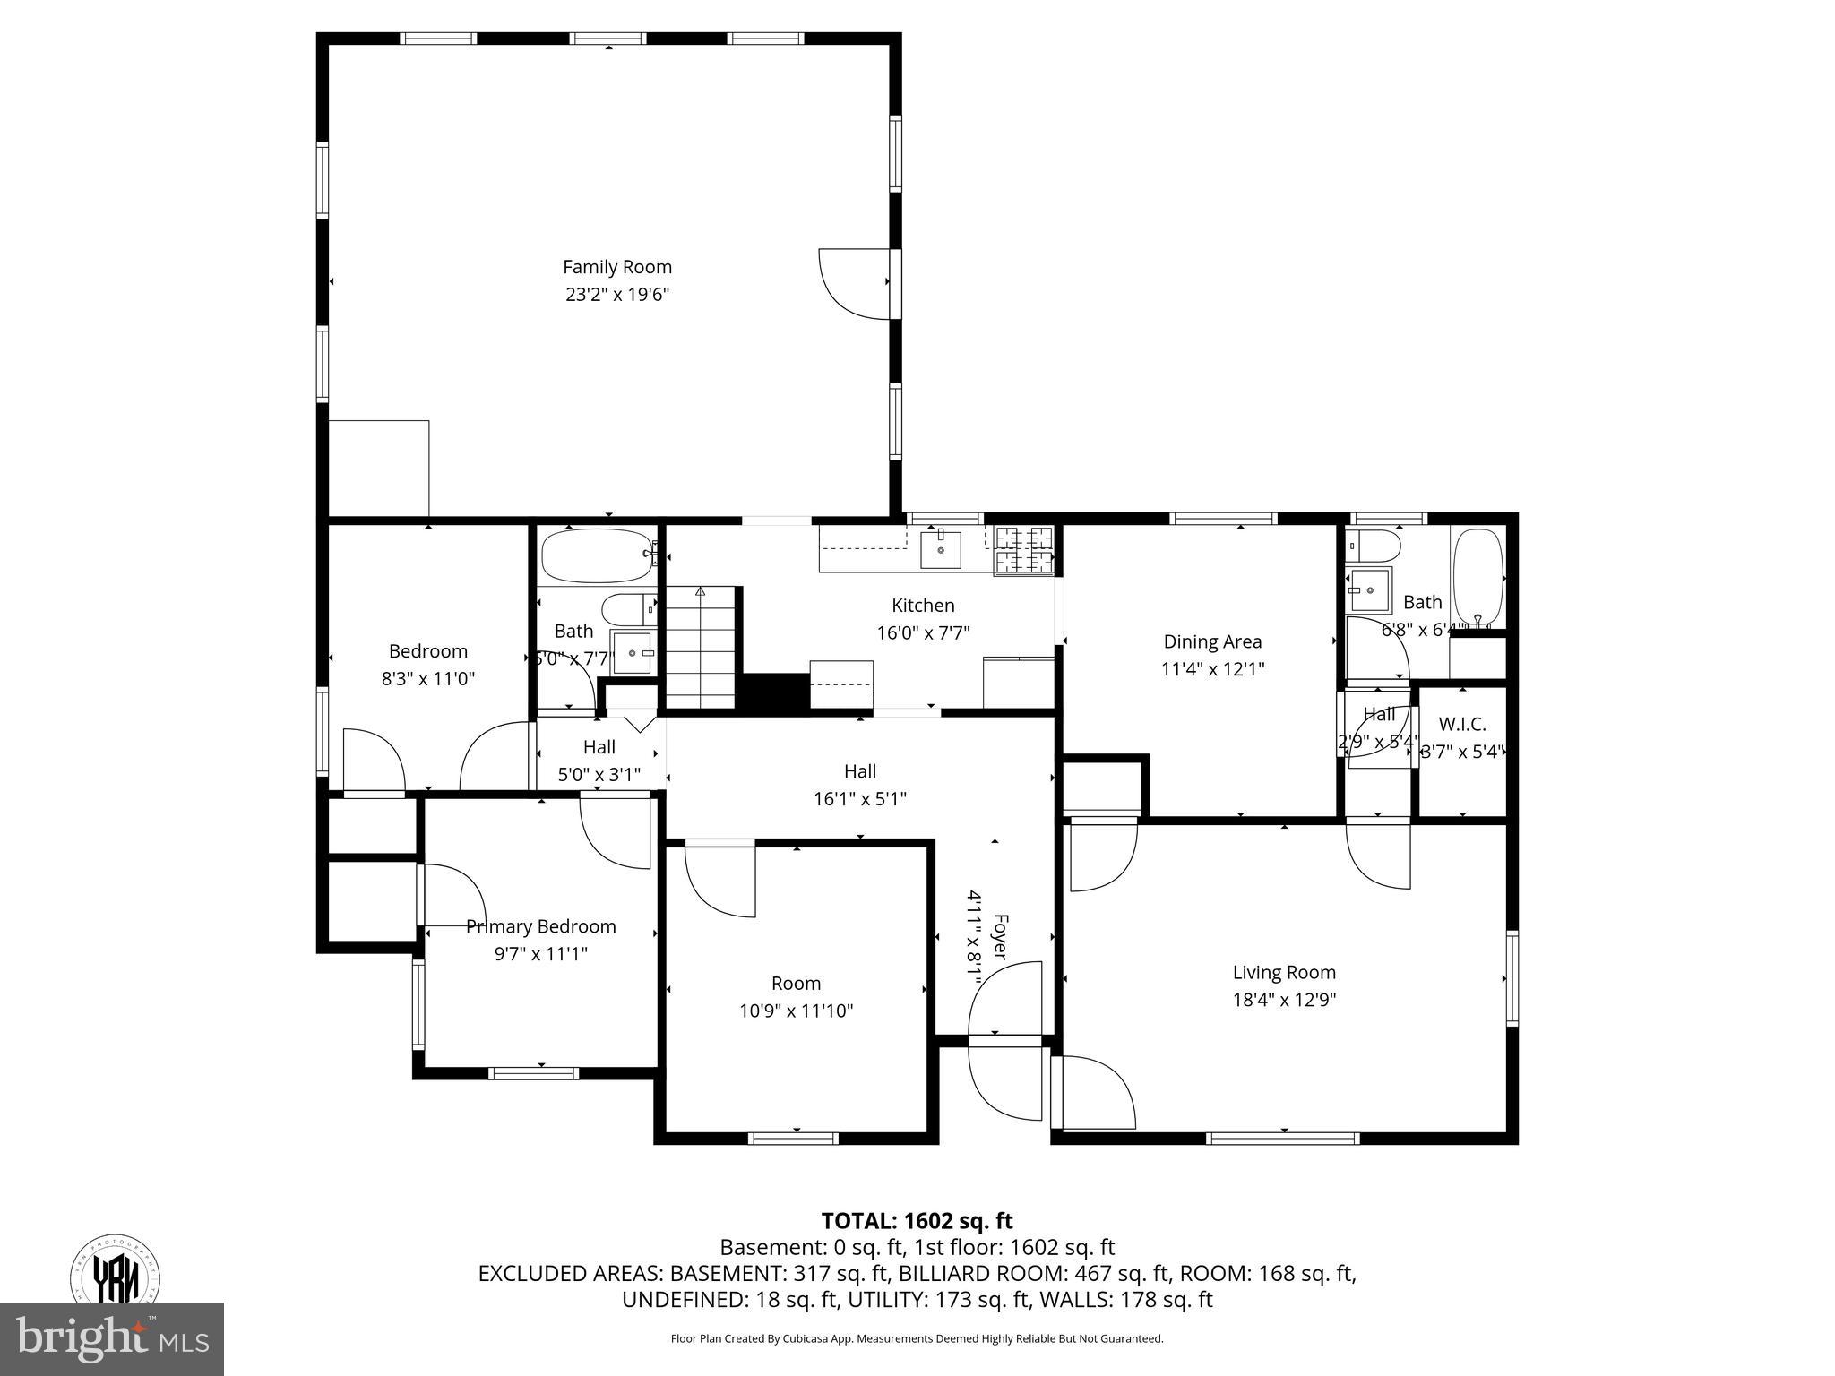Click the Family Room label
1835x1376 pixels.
pyautogui.click(x=616, y=267)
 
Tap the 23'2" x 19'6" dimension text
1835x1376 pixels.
pyautogui.click(x=616, y=295)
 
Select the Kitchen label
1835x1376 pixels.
pyautogui.click(x=923, y=606)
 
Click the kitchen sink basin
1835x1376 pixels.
pyautogui.click(x=941, y=550)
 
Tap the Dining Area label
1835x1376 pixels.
pyautogui.click(x=1211, y=641)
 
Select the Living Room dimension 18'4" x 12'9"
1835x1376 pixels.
pyautogui.click(x=1284, y=1000)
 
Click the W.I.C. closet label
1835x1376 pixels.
pyautogui.click(x=1461, y=724)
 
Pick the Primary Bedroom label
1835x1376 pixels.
pyautogui.click(x=540, y=926)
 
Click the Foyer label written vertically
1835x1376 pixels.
pyautogui.click(x=1001, y=937)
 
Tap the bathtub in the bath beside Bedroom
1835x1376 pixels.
pyautogui.click(x=598, y=555)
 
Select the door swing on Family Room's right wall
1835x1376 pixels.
pyautogui.click(x=854, y=283)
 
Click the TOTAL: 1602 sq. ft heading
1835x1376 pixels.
pyautogui.click(x=917, y=1221)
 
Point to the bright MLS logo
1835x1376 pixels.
pyautogui.click(x=112, y=1338)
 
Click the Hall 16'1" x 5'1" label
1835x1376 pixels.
pyautogui.click(x=859, y=785)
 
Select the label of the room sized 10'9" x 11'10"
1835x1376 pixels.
pyautogui.click(x=796, y=984)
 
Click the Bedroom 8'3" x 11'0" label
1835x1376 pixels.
pyautogui.click(x=427, y=665)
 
